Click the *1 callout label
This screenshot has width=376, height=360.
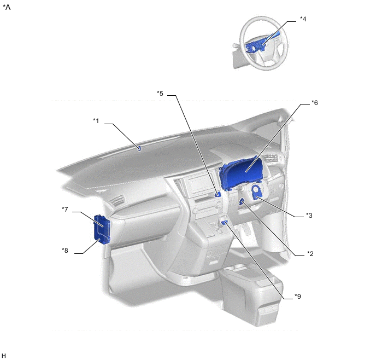(x=96, y=121)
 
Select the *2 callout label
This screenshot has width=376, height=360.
(x=310, y=254)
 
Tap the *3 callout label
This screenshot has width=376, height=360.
(x=309, y=216)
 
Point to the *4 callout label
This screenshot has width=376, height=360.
(x=303, y=19)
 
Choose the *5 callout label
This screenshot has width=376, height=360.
(x=160, y=94)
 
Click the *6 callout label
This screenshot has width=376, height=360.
(x=315, y=103)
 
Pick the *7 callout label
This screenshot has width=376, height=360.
(x=64, y=210)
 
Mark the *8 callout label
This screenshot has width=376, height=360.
(x=64, y=251)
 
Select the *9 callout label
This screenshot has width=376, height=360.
(x=298, y=297)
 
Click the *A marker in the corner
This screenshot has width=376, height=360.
(x=7, y=7)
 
